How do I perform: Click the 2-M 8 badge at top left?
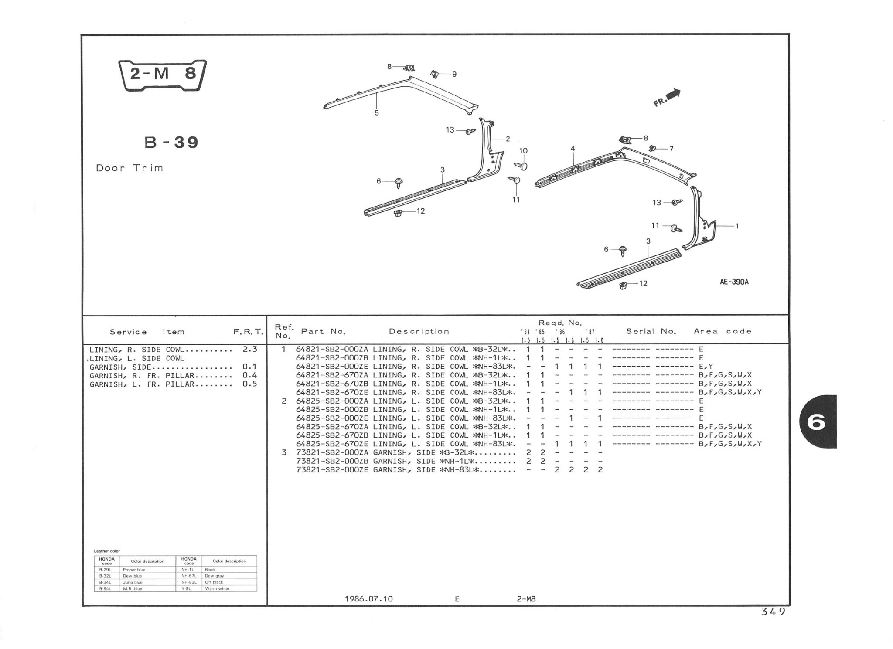coord(163,75)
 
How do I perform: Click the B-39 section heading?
coord(171,143)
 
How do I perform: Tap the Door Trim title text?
coord(130,168)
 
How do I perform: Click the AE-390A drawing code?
coord(734,282)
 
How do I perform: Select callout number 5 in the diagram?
coord(377,113)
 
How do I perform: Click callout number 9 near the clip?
coord(454,75)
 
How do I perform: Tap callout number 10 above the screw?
coord(523,151)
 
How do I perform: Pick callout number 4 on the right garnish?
coord(573,149)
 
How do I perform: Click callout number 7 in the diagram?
coord(671,149)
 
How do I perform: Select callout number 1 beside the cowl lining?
coord(737,226)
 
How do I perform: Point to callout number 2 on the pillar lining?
coord(508,139)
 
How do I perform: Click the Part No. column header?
coord(323,332)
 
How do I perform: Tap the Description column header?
coord(419,332)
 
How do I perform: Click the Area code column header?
coord(723,332)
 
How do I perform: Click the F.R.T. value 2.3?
coord(250,350)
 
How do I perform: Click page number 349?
coord(773,612)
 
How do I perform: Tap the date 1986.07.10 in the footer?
coord(368,599)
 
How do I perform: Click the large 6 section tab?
coord(817,422)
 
